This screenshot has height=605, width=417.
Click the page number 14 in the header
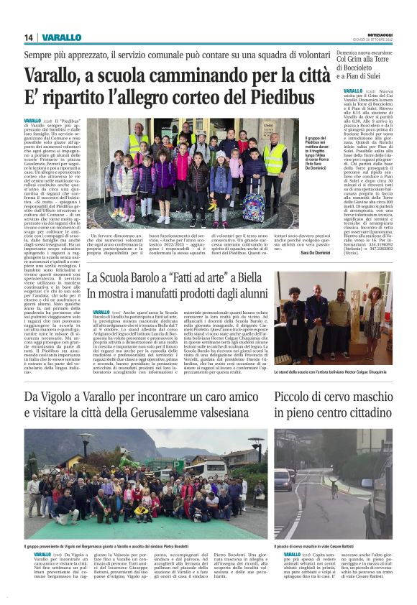click(x=29, y=37)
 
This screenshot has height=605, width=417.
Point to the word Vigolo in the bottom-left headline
click(x=68, y=397)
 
